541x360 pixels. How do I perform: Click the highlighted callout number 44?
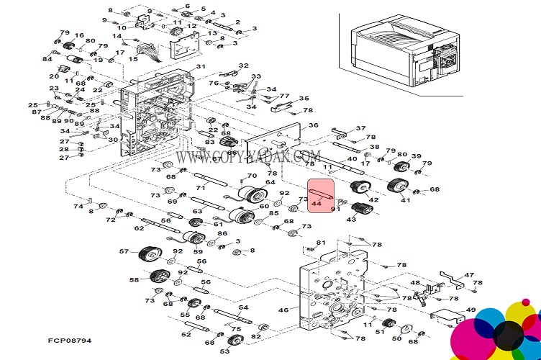[x=316, y=204]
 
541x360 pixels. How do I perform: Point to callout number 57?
[x=124, y=252]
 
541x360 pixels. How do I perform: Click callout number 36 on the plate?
[x=313, y=126]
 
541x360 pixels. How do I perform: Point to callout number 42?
[x=373, y=199]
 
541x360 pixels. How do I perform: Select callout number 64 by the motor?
[x=270, y=183]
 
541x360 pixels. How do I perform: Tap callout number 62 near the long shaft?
[x=139, y=228]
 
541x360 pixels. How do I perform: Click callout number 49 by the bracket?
[x=470, y=310]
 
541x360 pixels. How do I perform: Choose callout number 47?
[x=469, y=274]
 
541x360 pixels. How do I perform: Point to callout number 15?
[x=133, y=59]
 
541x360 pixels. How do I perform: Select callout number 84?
[x=47, y=59]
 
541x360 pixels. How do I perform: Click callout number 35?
[x=304, y=99]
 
